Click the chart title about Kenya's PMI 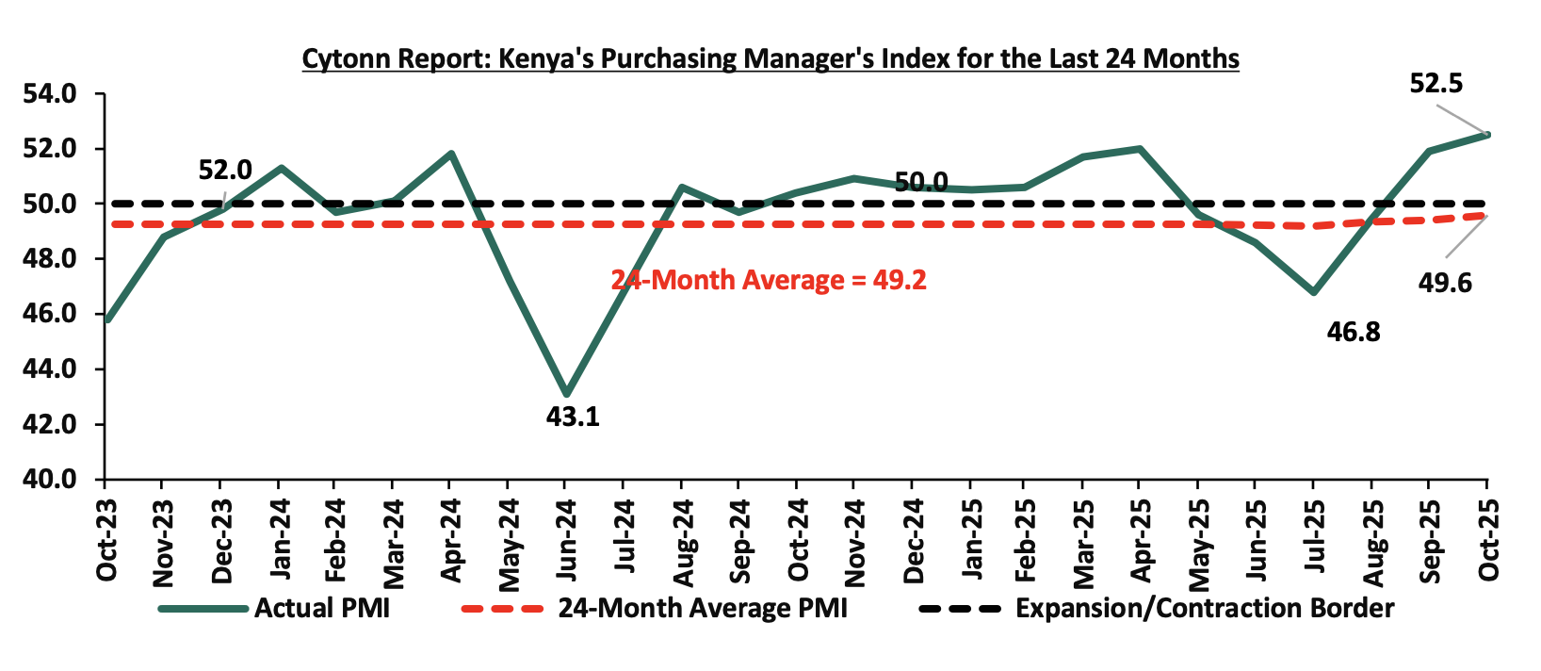point(770,58)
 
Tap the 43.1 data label point(573,416)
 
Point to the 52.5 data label point(1436,84)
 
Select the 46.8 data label point(1353,332)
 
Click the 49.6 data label point(1444,282)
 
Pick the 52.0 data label point(225,170)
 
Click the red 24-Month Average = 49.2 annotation point(769,280)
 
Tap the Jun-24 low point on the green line point(565,394)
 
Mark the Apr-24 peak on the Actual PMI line point(451,154)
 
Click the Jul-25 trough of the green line point(1313,292)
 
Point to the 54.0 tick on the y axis point(55,94)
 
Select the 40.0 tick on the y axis point(55,479)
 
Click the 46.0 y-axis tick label point(55,314)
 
